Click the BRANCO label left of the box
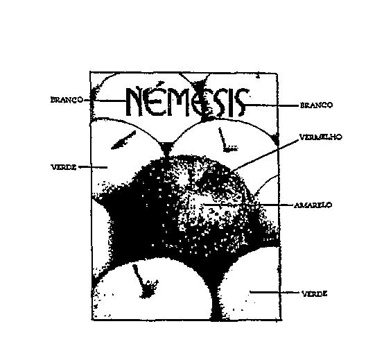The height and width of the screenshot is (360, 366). (67, 100)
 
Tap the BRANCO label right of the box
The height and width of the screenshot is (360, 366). (316, 105)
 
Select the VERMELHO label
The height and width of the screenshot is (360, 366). (321, 137)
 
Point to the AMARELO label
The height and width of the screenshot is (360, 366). (313, 205)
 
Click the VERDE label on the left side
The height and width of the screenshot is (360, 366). (64, 167)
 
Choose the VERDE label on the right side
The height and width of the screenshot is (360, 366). (314, 293)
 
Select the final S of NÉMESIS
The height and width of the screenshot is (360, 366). (241, 103)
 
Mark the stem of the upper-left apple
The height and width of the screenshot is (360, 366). (123, 140)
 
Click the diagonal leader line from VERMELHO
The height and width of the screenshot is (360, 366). (265, 155)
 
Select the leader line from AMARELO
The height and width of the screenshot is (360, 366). (248, 205)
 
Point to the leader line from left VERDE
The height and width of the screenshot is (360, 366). (93, 167)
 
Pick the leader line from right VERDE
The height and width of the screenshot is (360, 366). (274, 292)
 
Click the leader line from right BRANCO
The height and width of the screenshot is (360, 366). (272, 105)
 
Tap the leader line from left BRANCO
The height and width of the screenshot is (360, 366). (105, 101)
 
